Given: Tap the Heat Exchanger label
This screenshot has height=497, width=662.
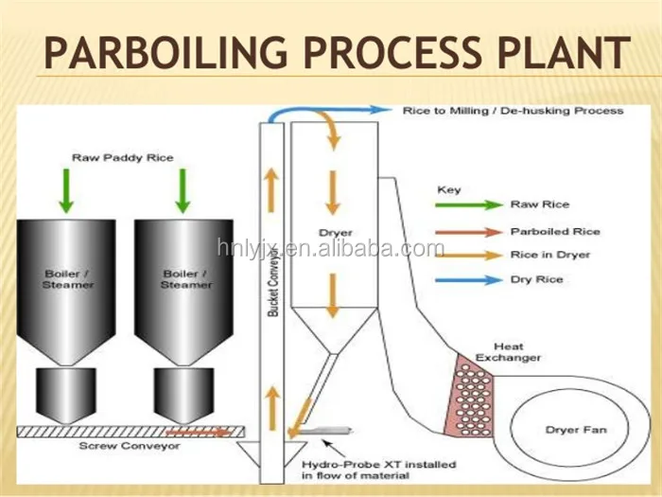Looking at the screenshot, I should tap(518, 352).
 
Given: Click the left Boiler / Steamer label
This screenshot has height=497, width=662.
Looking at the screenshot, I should tap(68, 279).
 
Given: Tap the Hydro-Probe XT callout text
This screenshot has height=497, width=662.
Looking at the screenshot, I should tap(378, 470).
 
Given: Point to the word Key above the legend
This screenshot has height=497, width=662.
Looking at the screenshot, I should tap(448, 190).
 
